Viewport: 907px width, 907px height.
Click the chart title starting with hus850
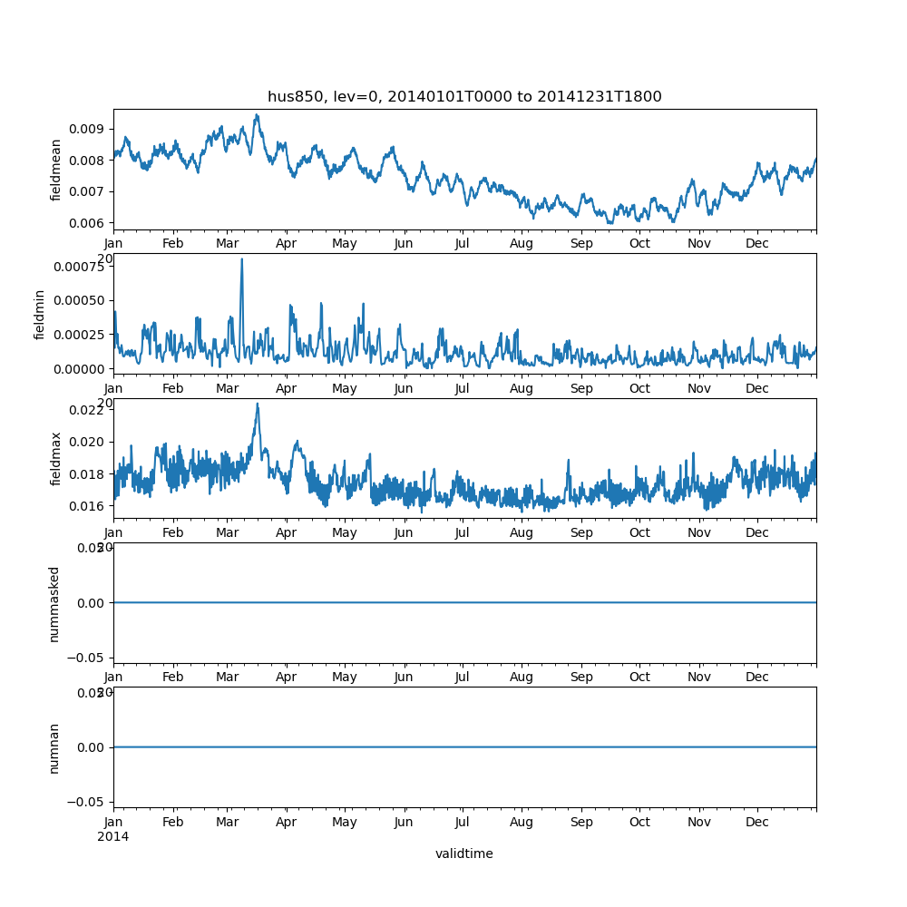coord(464,96)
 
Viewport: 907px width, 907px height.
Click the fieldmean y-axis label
coord(56,170)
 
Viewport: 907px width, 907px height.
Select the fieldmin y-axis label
coord(40,314)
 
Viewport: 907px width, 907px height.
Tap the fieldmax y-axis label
coord(56,458)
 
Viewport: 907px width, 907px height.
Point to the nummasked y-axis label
coord(54,602)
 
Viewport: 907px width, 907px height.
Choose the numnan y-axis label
coord(54,747)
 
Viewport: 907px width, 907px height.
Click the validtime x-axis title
coord(464,853)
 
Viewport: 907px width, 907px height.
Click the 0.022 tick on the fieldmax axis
coord(88,410)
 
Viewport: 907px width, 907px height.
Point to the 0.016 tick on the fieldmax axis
coord(88,505)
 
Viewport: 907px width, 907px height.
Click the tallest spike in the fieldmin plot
coord(241,259)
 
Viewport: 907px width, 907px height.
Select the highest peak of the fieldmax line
coord(257,404)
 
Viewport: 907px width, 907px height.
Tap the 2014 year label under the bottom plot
coord(113,836)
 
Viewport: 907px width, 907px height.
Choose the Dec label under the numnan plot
coord(757,822)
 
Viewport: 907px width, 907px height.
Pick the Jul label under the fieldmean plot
coord(463,243)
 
